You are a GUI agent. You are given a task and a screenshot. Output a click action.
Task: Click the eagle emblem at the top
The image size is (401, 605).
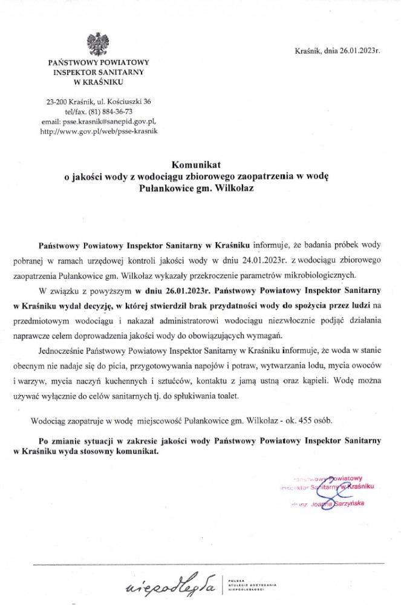click(98, 44)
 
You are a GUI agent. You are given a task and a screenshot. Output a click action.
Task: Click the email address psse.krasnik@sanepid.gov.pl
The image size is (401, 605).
click(117, 121)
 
